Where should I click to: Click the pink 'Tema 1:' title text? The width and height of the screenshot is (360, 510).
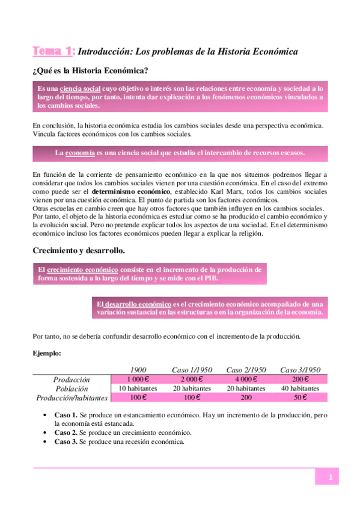[53, 52]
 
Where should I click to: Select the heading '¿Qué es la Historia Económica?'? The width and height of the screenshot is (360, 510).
[91, 71]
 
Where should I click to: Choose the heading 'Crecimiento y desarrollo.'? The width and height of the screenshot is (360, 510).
[79, 250]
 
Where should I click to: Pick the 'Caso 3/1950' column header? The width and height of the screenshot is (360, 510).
[300, 369]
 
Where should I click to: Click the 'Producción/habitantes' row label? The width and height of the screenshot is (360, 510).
[72, 398]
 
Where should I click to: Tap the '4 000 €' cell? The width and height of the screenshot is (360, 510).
[246, 379]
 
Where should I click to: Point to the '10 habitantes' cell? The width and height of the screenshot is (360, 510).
[139, 389]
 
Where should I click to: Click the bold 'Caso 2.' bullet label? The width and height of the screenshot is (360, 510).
[66, 432]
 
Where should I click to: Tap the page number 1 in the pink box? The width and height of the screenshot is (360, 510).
[330, 477]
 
